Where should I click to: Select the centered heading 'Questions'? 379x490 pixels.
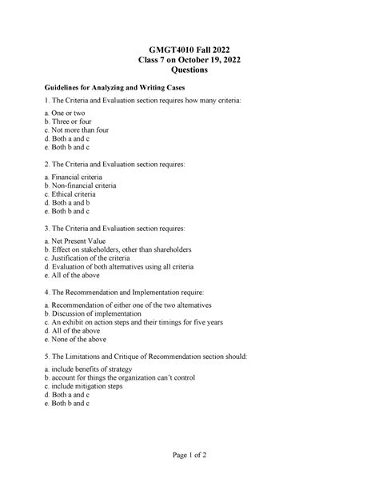pos(189,70)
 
